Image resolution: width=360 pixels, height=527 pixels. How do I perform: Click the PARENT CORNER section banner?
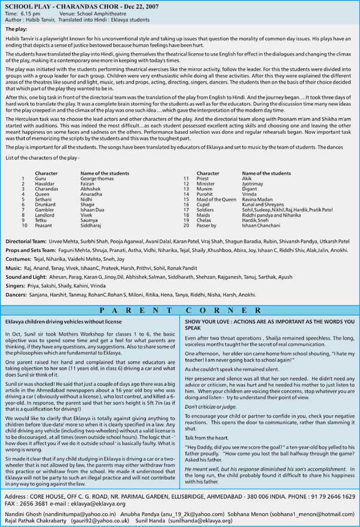click(180, 310)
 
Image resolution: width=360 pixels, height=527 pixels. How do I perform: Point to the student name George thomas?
click(96, 178)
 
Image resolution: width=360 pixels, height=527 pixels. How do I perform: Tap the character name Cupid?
click(204, 205)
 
